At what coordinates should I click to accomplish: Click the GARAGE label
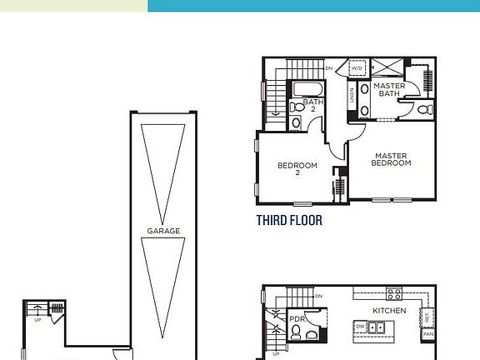pos(163,231)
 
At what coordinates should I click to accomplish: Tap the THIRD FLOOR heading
pos(289,221)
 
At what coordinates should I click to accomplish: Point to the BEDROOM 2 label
pos(297,168)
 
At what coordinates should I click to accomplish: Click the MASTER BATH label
pos(388,89)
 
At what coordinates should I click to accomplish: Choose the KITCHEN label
pos(388,310)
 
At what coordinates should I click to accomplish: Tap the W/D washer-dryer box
pos(357,68)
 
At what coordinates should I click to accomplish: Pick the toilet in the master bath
pos(422,108)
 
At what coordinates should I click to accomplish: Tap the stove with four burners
pos(393,293)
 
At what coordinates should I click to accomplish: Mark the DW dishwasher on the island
pos(359,327)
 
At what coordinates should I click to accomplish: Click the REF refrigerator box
pos(427,317)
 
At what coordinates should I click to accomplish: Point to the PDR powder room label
pos(297,318)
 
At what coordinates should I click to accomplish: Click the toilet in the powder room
pos(297,333)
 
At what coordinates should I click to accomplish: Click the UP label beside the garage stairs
pos(37,318)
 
